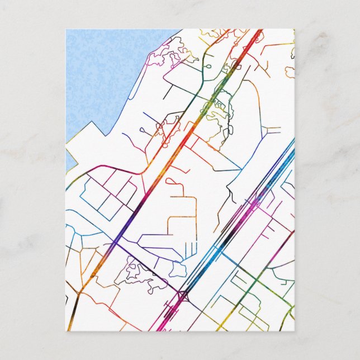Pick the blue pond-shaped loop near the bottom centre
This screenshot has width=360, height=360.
[179, 269]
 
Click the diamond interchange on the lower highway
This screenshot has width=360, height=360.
[182, 294]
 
